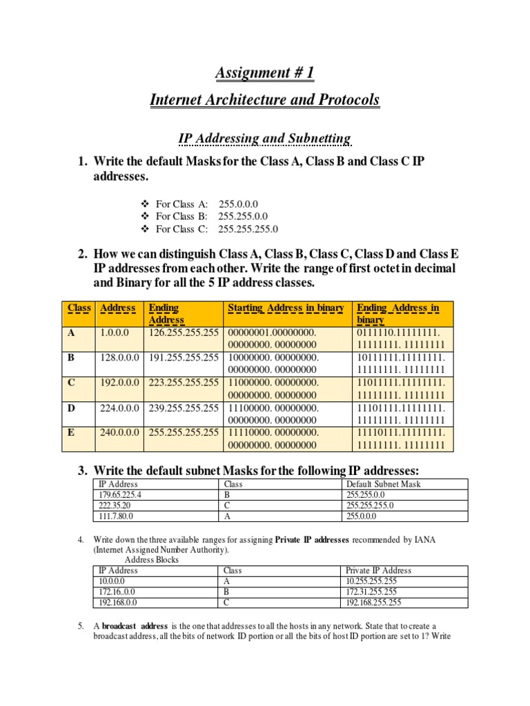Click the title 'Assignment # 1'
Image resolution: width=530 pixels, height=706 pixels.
pos(264,73)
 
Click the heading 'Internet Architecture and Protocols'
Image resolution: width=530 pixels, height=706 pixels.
pos(264,100)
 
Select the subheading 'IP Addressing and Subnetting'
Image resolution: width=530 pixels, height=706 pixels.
pos(264,139)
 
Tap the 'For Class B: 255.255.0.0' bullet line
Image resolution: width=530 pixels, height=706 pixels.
pos(207,216)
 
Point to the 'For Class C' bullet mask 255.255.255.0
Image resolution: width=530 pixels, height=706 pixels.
pos(248,229)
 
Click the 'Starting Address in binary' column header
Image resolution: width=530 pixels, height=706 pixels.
pos(286,307)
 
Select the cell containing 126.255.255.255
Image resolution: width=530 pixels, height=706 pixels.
pos(184,333)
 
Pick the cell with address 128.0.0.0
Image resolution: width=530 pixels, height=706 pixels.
pos(120,358)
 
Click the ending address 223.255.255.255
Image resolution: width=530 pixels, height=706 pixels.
pos(184,383)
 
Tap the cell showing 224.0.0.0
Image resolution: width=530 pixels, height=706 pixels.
pos(120,407)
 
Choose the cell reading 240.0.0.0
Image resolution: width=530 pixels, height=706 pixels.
pos(120,432)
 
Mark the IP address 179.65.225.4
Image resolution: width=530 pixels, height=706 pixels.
pos(124,494)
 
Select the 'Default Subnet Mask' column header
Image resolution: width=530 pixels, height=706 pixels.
pos(383,484)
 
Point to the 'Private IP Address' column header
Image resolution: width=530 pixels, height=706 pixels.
pos(378,570)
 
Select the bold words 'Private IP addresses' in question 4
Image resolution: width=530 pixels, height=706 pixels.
pos(315,539)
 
